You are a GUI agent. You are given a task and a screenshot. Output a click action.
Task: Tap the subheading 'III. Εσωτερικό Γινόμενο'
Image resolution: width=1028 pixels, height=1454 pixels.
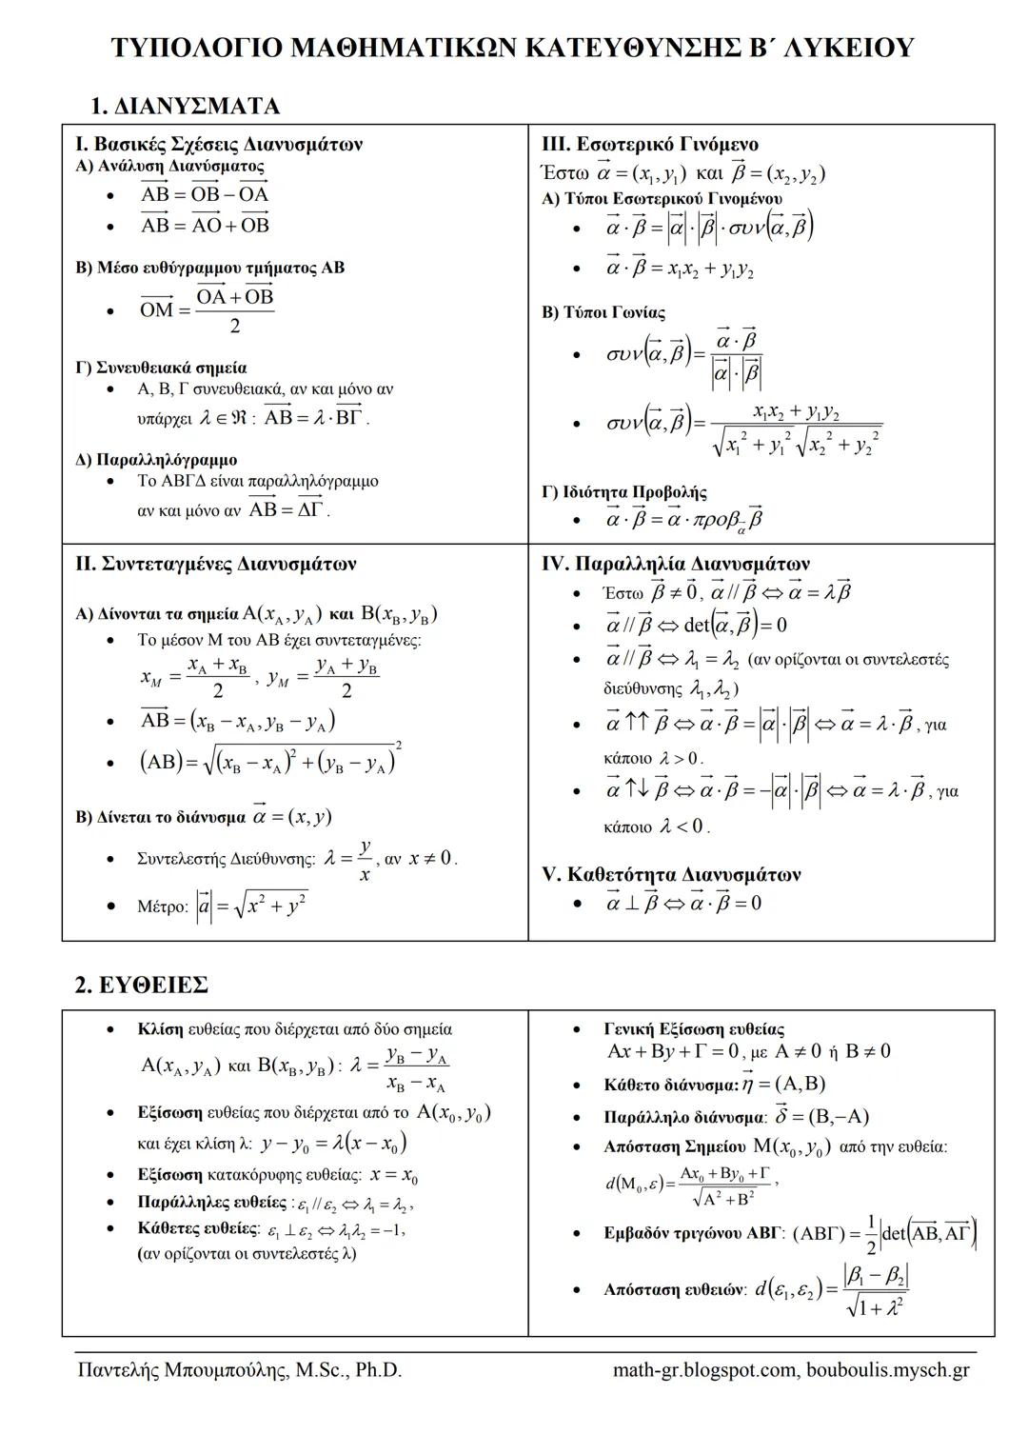point(650,145)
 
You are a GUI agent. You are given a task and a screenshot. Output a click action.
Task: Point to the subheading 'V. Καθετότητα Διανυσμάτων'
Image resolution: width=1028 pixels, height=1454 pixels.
point(671,874)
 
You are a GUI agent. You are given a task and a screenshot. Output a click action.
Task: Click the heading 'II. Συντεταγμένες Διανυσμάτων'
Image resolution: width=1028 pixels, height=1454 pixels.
point(216,564)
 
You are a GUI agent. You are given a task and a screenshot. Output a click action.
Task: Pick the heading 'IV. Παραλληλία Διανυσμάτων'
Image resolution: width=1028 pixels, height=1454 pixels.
point(676,564)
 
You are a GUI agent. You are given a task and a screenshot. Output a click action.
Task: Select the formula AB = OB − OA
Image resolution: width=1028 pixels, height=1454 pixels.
point(205,194)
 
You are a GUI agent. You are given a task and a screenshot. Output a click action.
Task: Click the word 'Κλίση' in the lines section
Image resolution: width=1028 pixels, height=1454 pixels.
point(160,1029)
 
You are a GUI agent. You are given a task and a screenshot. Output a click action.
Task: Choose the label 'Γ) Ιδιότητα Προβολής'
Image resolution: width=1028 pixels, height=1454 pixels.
point(624,492)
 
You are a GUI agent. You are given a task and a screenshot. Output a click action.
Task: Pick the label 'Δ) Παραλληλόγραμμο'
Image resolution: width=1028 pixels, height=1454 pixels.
point(156,460)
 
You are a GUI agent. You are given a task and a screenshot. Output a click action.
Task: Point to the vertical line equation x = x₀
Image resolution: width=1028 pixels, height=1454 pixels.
point(394,1176)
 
